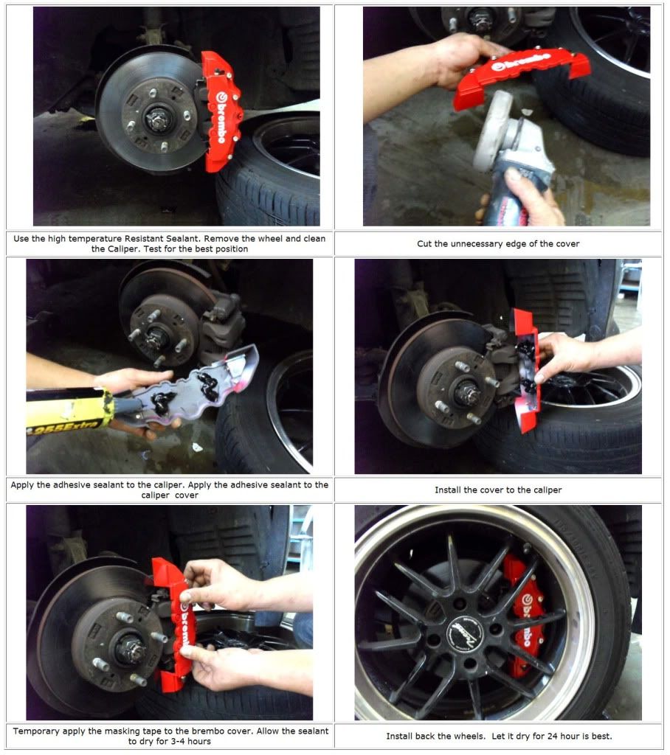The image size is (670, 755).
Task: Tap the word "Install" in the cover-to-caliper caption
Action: (448, 490)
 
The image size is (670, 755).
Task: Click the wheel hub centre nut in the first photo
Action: (156, 119)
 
